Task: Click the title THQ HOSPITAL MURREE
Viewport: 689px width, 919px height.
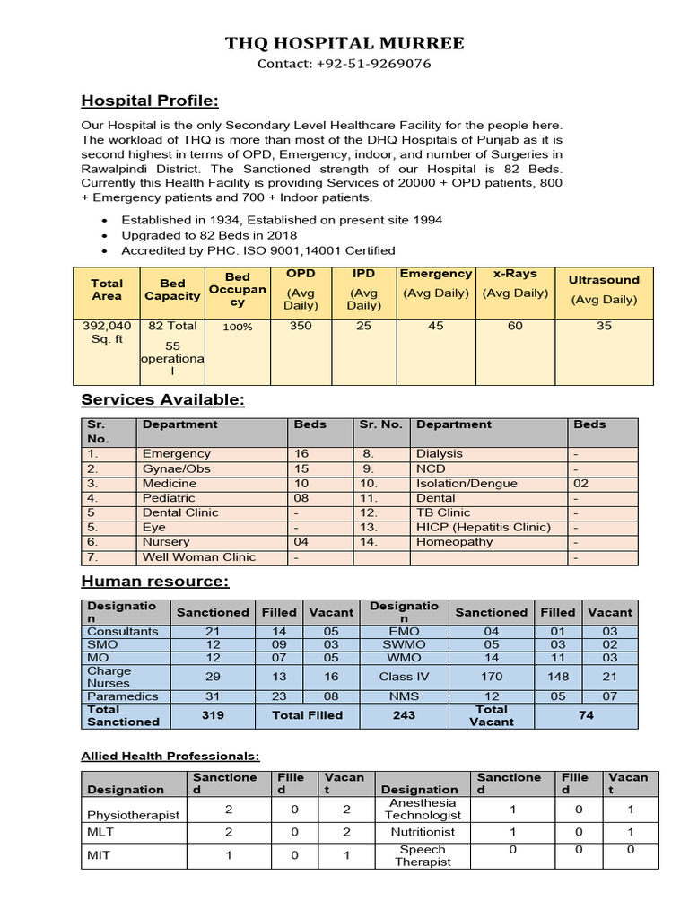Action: [344, 43]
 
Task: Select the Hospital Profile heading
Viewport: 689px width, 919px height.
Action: [150, 100]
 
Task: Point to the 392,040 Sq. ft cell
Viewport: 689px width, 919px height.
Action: [107, 333]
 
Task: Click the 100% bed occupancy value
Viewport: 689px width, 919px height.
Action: [238, 328]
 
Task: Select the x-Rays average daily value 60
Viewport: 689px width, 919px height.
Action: [515, 326]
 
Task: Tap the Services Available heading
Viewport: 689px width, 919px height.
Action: [162, 399]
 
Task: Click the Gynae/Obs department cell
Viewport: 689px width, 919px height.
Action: [176, 468]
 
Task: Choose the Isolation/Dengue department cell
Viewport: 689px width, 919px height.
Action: [467, 484]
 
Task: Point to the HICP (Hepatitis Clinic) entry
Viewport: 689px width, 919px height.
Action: [484, 527]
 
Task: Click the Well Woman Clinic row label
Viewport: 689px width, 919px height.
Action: [198, 556]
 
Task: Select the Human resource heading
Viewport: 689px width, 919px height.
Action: [154, 582]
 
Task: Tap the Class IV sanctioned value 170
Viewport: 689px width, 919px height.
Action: [491, 677]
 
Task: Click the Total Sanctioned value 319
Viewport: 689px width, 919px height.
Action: [213, 715]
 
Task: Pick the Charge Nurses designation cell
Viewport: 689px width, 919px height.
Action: [109, 677]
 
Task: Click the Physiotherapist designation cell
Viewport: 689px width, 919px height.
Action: [133, 815]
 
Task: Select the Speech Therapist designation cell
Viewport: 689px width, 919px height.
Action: [422, 855]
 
